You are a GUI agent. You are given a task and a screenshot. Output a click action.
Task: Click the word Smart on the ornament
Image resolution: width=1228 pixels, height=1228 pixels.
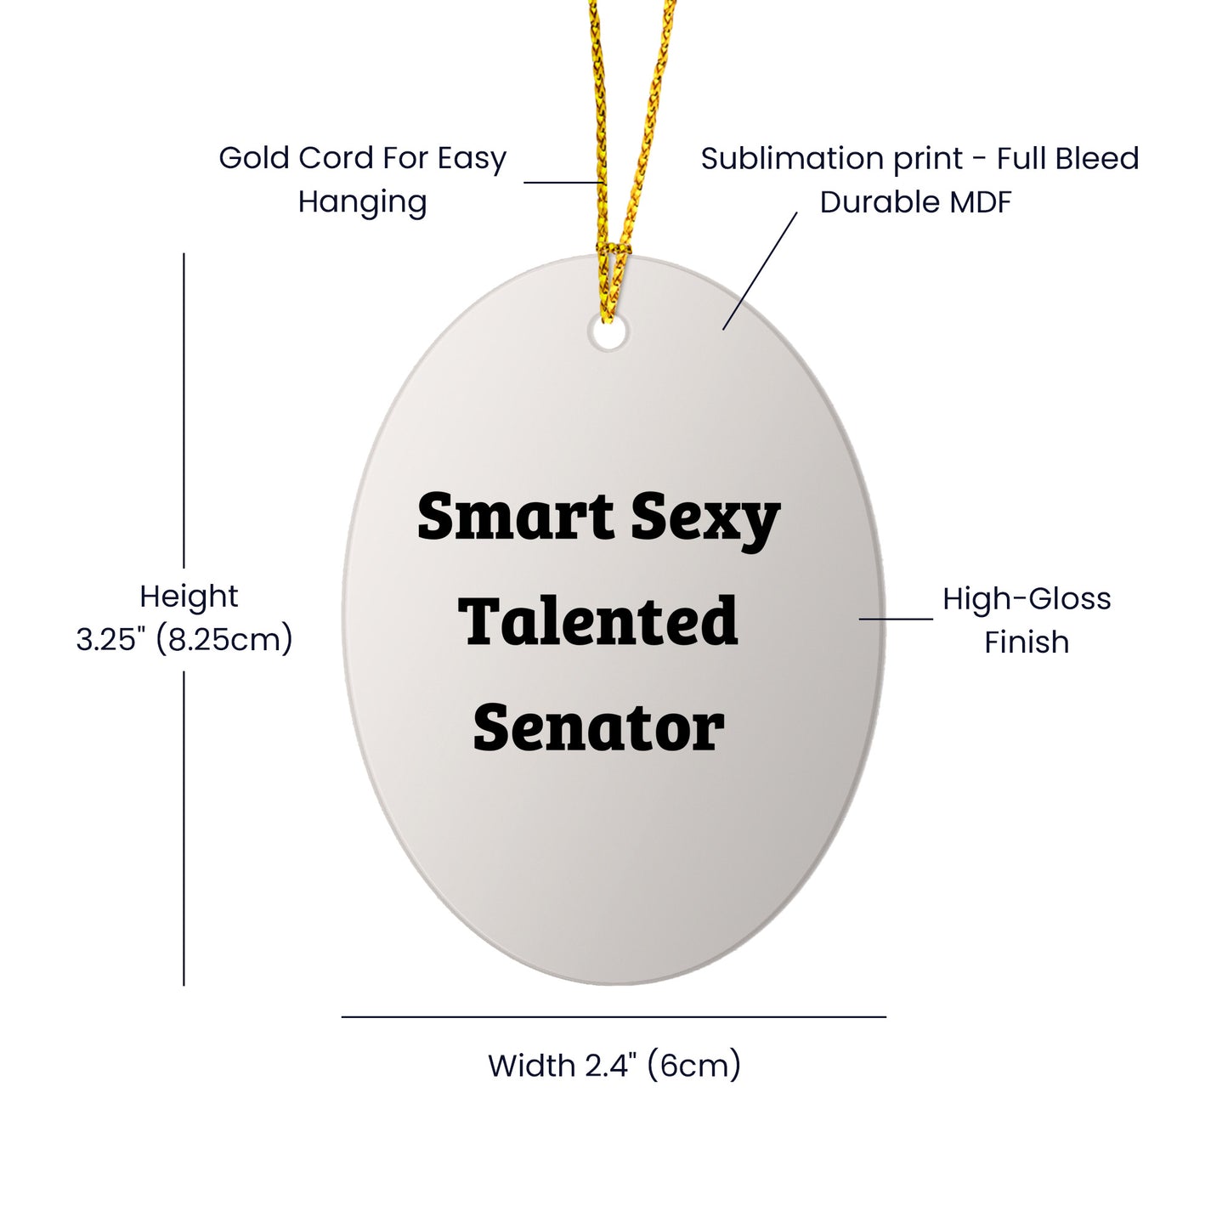516,516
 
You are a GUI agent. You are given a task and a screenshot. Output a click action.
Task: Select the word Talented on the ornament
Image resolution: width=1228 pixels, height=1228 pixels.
597,620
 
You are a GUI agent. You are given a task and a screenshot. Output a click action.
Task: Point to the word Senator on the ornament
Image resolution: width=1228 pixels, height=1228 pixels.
598,727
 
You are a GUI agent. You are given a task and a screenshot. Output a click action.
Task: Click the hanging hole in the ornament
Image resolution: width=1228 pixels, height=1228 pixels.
608,332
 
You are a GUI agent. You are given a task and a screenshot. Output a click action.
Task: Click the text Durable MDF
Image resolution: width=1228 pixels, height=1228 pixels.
916,202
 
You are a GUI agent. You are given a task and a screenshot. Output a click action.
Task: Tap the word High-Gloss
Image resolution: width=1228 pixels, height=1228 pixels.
1027,600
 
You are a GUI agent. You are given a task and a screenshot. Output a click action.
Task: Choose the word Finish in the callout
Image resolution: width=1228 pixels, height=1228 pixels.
1027,642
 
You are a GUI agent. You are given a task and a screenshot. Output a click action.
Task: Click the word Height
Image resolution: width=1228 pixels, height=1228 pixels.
189,597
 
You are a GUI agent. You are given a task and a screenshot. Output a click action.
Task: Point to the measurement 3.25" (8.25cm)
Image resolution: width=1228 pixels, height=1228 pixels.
184,639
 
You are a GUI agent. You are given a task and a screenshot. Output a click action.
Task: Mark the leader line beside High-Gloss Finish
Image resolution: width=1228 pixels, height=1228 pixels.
896,619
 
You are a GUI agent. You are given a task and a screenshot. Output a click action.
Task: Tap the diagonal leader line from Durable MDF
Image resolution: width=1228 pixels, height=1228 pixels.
760,271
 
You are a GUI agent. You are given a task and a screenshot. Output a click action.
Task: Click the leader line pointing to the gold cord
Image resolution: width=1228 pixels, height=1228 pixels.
564,183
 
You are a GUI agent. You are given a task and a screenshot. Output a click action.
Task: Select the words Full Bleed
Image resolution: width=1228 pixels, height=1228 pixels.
1067,158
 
